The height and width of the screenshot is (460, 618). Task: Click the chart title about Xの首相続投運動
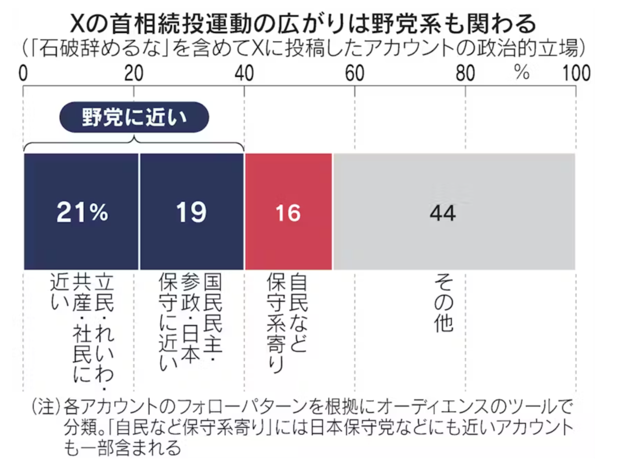coord(303,24)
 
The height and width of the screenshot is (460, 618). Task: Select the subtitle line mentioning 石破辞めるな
coord(304,48)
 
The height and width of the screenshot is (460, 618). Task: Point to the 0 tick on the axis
coord(23,74)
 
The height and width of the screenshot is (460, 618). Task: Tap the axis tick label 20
coord(134,74)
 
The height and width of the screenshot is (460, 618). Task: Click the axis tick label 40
coord(244,74)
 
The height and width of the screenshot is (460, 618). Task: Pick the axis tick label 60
coord(355,74)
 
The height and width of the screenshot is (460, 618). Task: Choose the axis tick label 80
coord(466,74)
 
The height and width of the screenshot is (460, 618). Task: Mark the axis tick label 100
coord(576,74)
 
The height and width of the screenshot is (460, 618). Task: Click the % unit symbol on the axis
coord(522,73)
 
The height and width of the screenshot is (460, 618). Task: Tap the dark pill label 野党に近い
coord(134,117)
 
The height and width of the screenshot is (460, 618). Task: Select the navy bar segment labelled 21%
coord(81,211)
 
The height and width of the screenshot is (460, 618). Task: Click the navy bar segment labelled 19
coord(192,211)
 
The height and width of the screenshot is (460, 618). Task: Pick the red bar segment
coord(289,211)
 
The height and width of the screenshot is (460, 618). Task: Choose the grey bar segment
coord(454,211)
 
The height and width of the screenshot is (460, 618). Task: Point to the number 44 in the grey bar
coord(443,214)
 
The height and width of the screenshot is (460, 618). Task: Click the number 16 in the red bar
coord(288,214)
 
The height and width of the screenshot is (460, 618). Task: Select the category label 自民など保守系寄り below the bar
coord(287,323)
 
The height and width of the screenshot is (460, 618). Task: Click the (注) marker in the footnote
coord(46,407)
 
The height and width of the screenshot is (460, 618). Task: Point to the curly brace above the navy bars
coord(134,144)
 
